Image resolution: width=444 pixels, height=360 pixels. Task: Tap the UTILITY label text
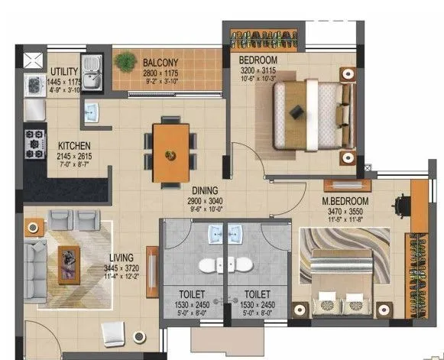click(64, 51)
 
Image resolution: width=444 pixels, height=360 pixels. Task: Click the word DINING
click(206, 190)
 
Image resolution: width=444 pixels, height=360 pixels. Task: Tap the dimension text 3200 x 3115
click(258, 70)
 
